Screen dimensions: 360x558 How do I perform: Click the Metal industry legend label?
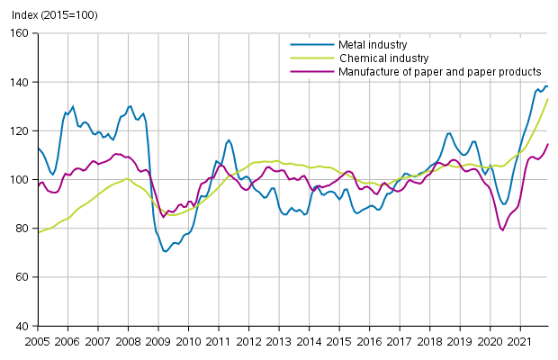tap(373, 44)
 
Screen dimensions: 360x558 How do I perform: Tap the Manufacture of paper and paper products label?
tap(439, 71)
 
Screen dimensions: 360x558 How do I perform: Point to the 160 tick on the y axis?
tap(20, 33)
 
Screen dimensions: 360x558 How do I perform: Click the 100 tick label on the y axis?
tap(20, 180)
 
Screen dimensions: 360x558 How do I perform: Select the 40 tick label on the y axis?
tap(22, 326)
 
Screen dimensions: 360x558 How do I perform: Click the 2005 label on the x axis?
tap(37, 342)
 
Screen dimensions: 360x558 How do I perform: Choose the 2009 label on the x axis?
tap(158, 342)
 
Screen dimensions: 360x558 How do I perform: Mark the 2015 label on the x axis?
tap(340, 342)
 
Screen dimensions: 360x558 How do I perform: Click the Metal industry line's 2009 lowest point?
tap(166, 251)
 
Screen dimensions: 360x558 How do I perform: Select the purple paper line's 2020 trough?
tap(502, 230)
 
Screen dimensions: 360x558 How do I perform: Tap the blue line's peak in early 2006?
tap(73, 106)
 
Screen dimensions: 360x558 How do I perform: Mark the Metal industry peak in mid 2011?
tap(229, 139)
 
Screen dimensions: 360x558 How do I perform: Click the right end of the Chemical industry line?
tap(548, 99)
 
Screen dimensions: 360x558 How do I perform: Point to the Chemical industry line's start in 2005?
tap(38, 232)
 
